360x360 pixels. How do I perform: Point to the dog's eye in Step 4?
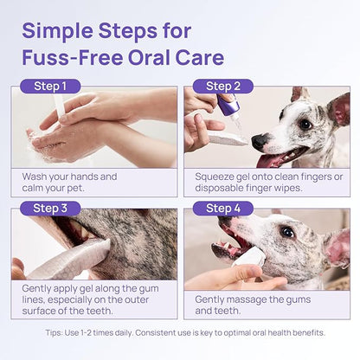tap(287, 232)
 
